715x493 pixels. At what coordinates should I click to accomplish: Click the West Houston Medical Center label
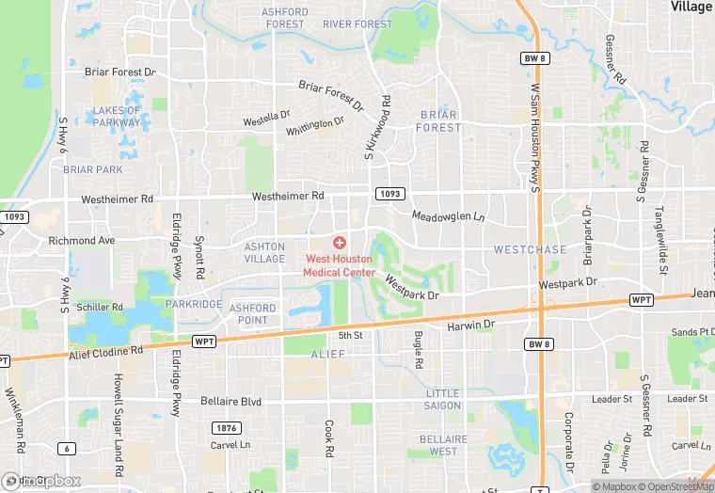click(339, 265)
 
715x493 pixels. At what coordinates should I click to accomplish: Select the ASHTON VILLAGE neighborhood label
click(264, 252)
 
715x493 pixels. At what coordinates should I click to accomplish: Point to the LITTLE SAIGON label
click(443, 399)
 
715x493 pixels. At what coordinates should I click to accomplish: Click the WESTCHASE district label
click(531, 249)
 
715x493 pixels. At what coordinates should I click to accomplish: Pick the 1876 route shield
click(227, 427)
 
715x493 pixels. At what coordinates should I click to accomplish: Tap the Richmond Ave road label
click(81, 241)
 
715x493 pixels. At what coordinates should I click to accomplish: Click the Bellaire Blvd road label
click(230, 401)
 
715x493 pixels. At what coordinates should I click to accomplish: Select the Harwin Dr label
click(470, 326)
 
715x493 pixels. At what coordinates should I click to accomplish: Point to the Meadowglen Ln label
click(448, 215)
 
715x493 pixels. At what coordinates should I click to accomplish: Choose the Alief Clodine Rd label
click(105, 352)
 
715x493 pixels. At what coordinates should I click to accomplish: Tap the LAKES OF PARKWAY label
click(118, 116)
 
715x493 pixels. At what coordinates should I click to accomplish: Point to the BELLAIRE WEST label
click(443, 445)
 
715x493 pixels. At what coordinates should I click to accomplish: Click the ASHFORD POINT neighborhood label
click(253, 314)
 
